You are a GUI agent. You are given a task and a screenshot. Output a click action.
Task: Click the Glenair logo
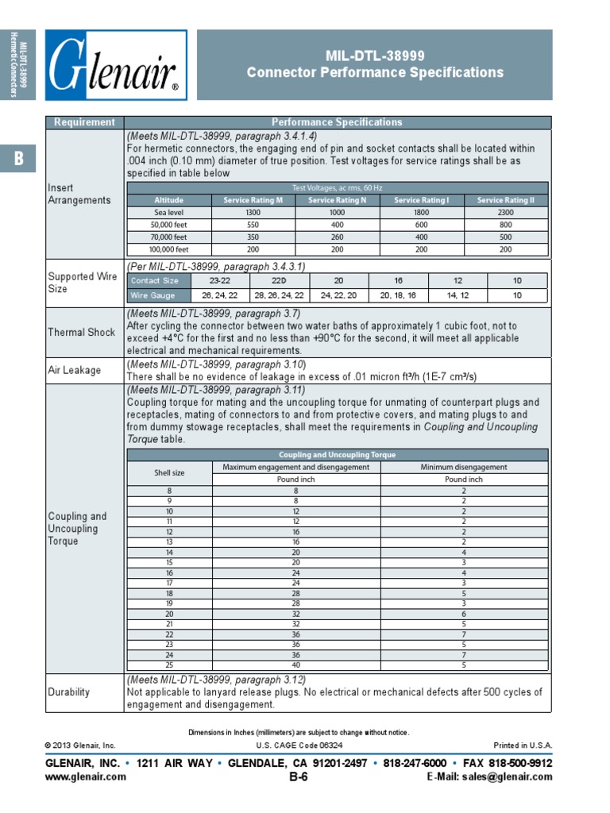tap(116, 65)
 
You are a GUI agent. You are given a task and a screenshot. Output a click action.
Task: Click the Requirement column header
tap(84, 122)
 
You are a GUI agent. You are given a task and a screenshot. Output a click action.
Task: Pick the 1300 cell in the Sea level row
tap(253, 213)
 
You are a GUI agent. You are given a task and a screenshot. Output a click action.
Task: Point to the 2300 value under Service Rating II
tap(505, 213)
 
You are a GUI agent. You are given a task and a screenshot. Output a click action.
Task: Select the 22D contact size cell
tap(279, 280)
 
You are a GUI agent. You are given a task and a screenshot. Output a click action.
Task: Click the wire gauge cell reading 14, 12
tap(457, 295)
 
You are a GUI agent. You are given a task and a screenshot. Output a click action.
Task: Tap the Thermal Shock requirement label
tap(81, 332)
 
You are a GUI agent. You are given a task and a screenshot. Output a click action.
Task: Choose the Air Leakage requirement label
tap(75, 370)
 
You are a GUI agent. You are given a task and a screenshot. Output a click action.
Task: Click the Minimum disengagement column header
tap(463, 467)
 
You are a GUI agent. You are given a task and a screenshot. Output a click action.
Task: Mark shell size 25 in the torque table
tap(169, 665)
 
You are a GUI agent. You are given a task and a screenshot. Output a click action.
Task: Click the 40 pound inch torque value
tap(295, 665)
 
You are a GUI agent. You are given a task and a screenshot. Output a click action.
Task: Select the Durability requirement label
tap(69, 692)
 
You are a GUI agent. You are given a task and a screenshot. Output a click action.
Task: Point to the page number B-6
tap(299, 777)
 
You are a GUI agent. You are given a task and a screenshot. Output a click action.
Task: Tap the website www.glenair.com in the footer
tap(85, 776)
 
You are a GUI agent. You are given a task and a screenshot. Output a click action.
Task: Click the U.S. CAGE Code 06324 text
tap(299, 746)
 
